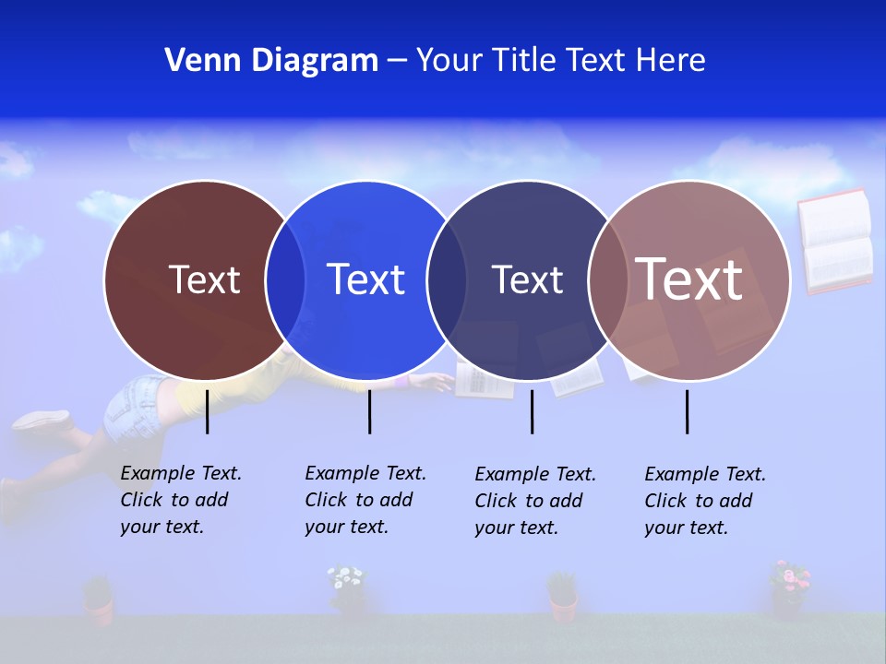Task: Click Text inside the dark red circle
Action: tap(204, 279)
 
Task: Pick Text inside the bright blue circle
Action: tap(365, 279)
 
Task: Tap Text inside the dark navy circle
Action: tap(527, 279)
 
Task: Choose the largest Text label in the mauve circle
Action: tap(689, 279)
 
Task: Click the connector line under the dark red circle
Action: tap(208, 411)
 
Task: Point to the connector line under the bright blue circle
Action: tap(369, 411)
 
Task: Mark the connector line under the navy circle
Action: tap(532, 411)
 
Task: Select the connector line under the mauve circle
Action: tap(687, 411)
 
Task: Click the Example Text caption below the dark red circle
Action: tap(180, 500)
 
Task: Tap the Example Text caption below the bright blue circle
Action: tap(365, 500)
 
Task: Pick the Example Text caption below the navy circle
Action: tap(534, 501)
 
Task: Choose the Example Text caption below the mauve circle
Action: tap(704, 501)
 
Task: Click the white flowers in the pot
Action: tap(346, 578)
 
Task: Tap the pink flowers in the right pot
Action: tap(789, 577)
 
